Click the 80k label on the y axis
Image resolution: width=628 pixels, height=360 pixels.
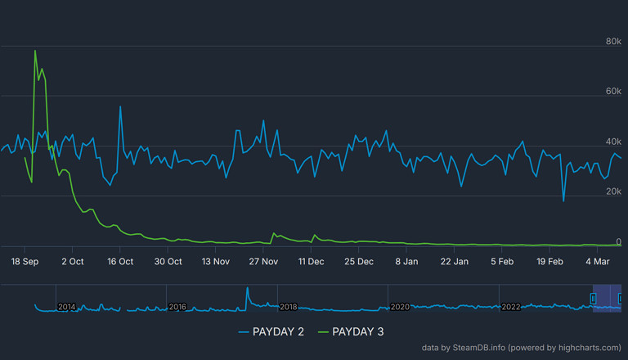coord(612,42)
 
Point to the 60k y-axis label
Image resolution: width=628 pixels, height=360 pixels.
coord(612,92)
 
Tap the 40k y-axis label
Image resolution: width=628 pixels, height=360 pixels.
coord(612,142)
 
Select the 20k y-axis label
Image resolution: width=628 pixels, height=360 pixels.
coord(612,191)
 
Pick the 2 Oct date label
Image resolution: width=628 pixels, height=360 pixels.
coord(72,262)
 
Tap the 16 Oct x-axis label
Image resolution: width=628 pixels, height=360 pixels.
coord(120,262)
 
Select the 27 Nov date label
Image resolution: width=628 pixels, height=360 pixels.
coord(263,262)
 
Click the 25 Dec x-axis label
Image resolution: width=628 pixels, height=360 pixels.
coord(359,262)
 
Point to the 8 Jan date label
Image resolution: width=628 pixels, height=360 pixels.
coord(406,262)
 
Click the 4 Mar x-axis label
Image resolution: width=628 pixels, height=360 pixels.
coord(599,262)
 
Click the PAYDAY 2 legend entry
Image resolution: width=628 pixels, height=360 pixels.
coord(272,331)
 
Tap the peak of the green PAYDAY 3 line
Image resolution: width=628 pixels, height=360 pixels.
coord(35,51)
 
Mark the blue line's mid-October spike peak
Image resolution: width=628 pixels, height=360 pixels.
coord(120,106)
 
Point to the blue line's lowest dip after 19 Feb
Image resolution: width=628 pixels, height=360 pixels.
coord(563,200)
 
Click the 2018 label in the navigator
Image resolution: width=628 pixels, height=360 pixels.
coord(288,306)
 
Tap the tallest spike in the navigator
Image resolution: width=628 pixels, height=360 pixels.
coord(247,287)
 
